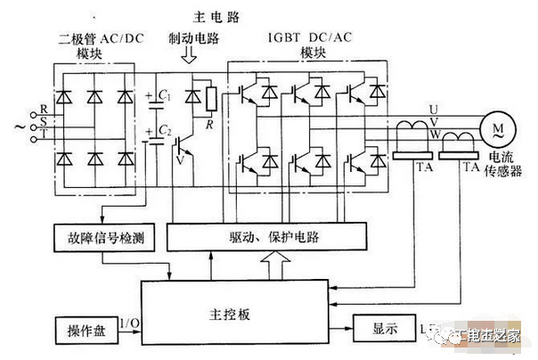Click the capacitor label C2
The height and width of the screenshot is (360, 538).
tap(166, 131)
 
